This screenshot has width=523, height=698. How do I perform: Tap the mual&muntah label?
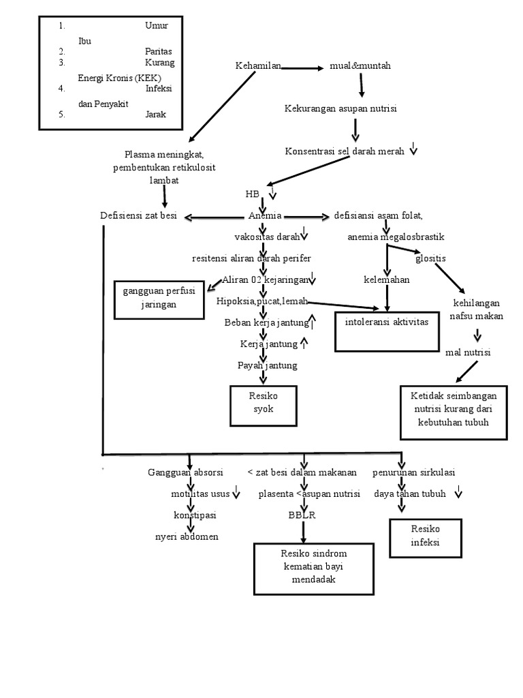point(360,66)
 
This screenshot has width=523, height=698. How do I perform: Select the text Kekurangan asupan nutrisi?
point(340,108)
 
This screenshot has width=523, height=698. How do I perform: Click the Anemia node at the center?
point(265,216)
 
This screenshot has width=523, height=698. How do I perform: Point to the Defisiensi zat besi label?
point(138,216)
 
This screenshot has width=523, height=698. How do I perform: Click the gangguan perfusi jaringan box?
point(159,299)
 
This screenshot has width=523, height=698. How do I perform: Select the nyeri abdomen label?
point(187,536)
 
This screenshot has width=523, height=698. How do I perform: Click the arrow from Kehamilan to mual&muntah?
point(302,68)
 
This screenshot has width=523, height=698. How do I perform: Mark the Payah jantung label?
point(268,365)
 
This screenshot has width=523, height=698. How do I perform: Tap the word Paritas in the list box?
point(158,50)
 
